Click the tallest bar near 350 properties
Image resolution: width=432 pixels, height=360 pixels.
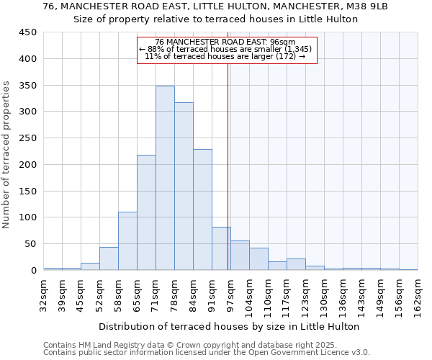165,178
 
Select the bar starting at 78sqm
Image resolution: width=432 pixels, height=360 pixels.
184,186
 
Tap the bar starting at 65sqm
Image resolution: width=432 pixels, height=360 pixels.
146,212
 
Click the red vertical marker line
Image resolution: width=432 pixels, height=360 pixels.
228,166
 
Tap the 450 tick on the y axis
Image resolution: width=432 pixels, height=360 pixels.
28,32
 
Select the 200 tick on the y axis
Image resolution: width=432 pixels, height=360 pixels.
28,165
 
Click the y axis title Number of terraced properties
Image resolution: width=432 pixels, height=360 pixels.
6,155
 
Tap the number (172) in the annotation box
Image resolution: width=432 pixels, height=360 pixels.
287,56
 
